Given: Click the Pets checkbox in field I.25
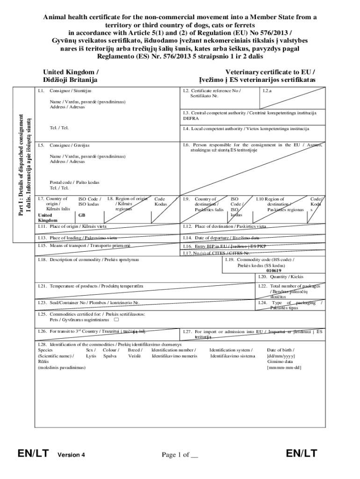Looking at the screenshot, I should point(116,320).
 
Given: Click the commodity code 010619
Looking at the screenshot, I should point(274,270).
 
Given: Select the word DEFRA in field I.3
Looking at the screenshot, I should point(191,118).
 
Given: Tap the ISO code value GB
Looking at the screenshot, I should point(82,216).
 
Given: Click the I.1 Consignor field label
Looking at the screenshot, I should point(70,90).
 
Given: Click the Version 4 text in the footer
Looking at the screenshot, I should point(71,455).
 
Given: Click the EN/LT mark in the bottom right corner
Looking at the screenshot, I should point(302,453).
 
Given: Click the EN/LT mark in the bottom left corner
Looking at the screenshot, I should point(33,453).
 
